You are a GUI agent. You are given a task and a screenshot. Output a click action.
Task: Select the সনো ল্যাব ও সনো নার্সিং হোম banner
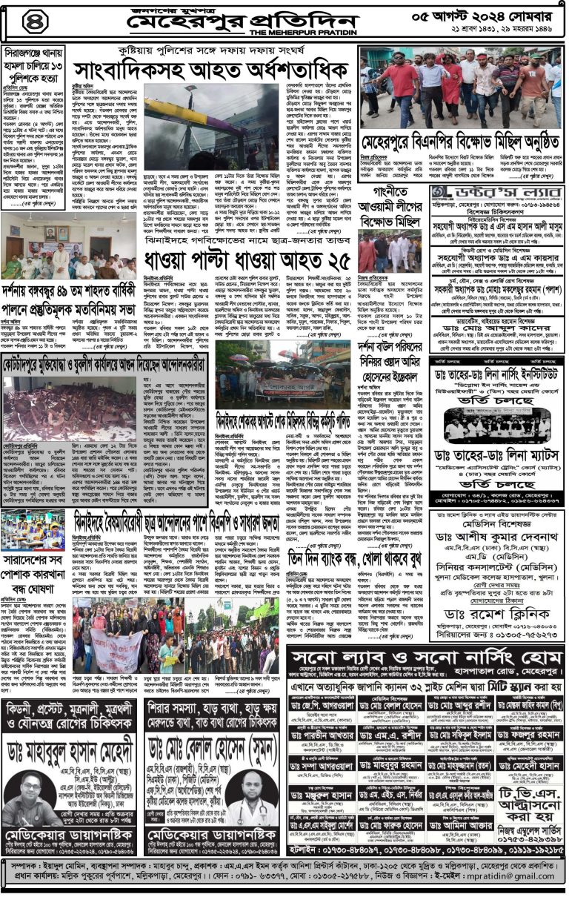point(424,658)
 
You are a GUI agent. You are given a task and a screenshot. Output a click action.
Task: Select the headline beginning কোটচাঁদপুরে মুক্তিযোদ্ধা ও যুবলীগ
point(105,365)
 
